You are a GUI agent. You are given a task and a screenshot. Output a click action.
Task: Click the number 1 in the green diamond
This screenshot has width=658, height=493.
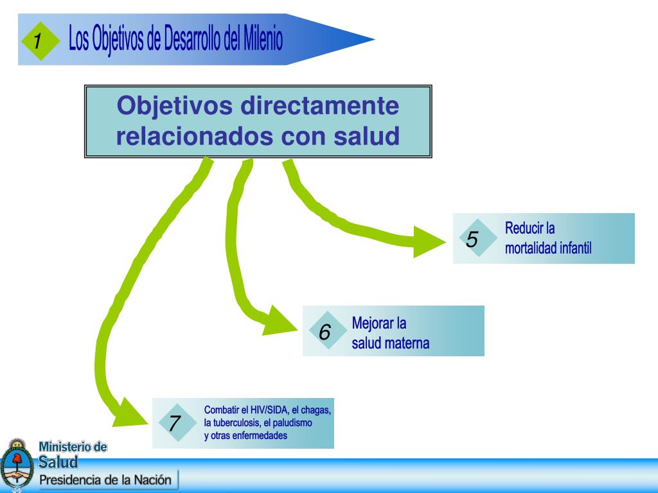[38, 41]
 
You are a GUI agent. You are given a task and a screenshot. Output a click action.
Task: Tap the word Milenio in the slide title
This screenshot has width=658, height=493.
[262, 40]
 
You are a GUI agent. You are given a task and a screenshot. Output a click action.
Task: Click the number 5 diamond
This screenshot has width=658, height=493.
[472, 239]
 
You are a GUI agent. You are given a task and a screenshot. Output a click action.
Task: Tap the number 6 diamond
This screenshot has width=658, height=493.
[325, 332]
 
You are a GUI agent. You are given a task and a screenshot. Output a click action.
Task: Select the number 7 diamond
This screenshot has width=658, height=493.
[175, 423]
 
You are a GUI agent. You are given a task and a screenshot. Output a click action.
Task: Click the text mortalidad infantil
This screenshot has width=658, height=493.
[548, 248]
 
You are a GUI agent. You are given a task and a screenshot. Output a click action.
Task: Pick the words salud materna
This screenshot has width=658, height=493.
[391, 343]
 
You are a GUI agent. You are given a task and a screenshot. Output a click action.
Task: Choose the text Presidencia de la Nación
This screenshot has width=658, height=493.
[105, 480]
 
